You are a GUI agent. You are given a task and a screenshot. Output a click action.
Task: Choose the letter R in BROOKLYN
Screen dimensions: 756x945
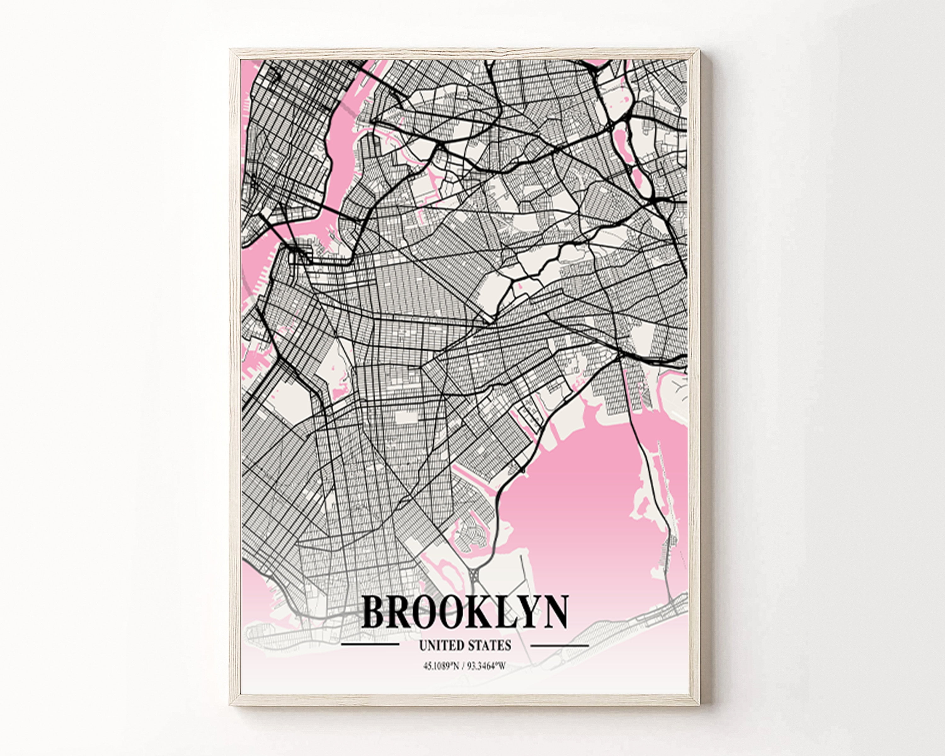tap(399, 612)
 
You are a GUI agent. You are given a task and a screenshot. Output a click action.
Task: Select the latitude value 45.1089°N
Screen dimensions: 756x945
tap(441, 667)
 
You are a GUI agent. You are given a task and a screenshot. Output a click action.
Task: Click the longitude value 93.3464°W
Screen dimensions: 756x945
tap(487, 667)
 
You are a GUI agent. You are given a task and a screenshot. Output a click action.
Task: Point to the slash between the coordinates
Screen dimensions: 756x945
tap(463, 667)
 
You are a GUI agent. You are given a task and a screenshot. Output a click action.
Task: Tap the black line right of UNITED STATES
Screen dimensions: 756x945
tap(559, 645)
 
